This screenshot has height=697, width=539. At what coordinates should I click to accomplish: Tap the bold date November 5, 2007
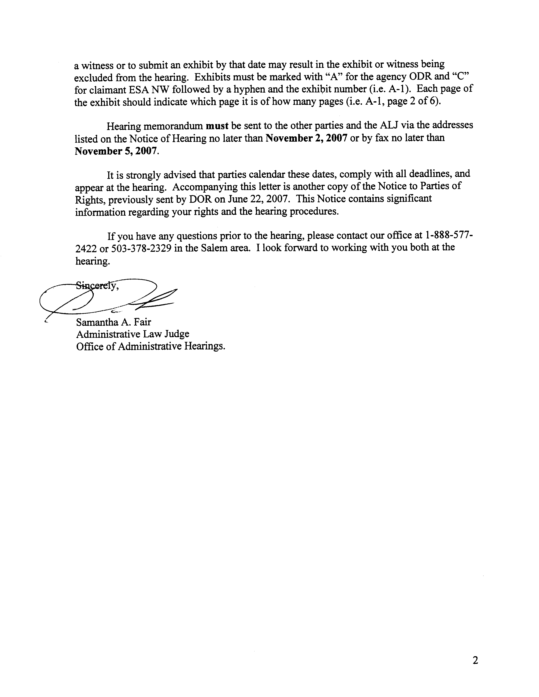coord(116,151)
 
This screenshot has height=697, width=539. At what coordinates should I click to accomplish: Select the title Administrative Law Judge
coord(133,334)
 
